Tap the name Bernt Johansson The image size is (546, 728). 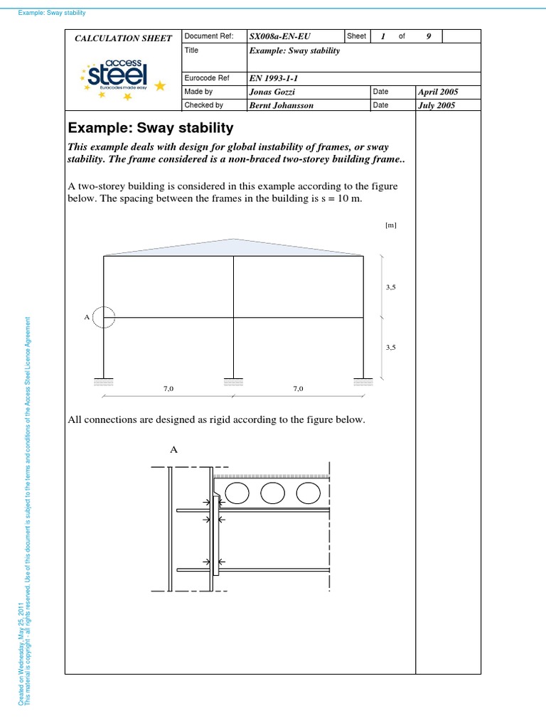click(x=281, y=105)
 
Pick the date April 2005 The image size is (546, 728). click(x=439, y=92)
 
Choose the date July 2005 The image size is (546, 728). click(x=437, y=105)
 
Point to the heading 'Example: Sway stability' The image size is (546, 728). click(x=150, y=129)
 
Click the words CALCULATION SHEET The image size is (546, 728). click(x=124, y=38)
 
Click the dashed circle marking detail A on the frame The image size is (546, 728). click(x=104, y=317)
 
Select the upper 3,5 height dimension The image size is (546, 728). click(x=390, y=287)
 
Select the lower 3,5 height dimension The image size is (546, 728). click(x=390, y=347)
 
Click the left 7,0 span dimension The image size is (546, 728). click(x=168, y=389)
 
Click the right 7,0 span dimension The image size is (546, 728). click(x=298, y=389)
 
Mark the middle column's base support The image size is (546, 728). click(x=234, y=381)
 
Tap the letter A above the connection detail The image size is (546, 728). click(x=173, y=449)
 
